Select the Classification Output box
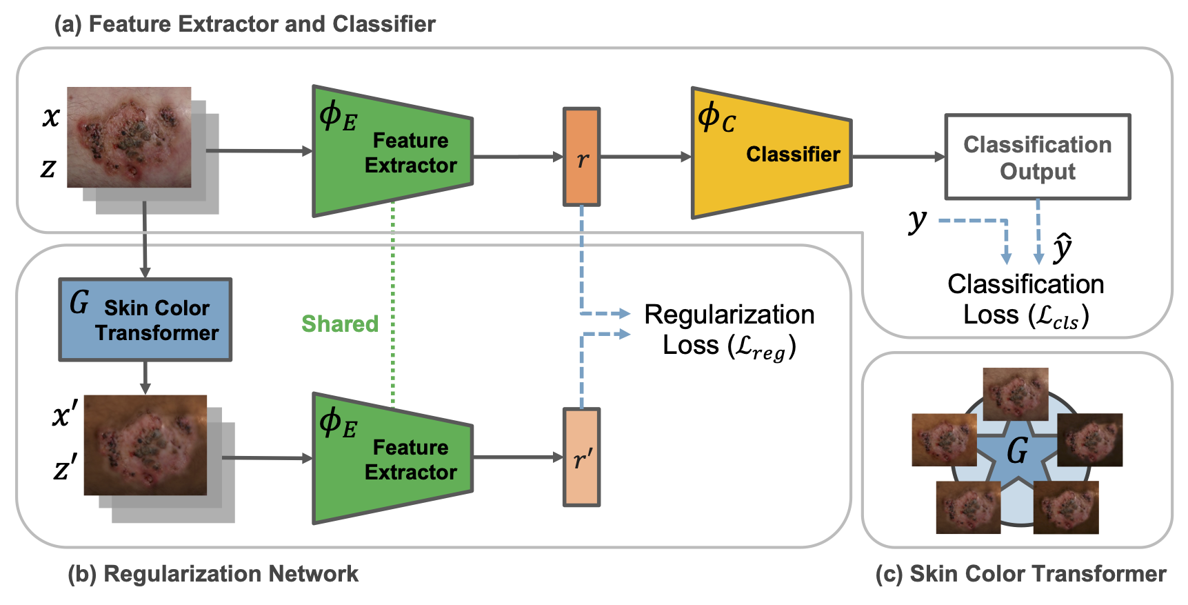coord(1037,157)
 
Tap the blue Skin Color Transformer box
coord(145,320)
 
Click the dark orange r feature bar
coord(581,157)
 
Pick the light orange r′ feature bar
coord(581,457)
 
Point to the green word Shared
coord(340,324)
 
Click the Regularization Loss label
coord(729,330)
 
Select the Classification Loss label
coord(1025,299)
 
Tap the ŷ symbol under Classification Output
coord(1063,248)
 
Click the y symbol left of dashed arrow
coord(918,220)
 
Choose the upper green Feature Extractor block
coord(392,152)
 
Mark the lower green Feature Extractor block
coord(392,458)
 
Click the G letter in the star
coord(1017,451)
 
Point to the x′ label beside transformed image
coord(65,414)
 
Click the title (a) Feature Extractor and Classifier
coord(245,24)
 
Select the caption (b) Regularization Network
coord(213,574)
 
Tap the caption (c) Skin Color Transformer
coord(1020,574)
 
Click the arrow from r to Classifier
coord(645,157)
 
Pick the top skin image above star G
coord(1015,393)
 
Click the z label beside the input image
coord(48,168)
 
